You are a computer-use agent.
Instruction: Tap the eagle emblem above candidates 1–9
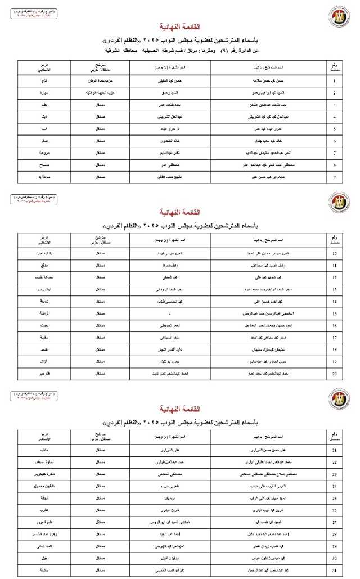click(x=339, y=17)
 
